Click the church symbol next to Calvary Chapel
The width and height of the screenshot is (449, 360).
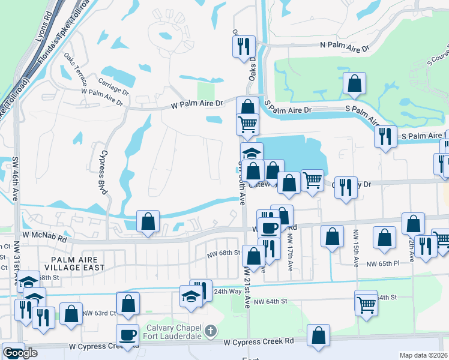(x=210, y=331)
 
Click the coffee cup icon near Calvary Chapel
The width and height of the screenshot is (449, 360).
(x=127, y=335)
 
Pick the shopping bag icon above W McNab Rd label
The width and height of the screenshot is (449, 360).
(x=148, y=221)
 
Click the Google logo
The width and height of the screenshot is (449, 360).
(x=20, y=353)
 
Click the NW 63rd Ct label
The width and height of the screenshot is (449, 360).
(x=97, y=313)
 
